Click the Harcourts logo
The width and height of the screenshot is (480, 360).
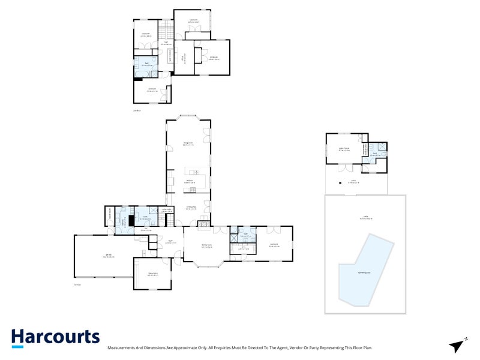point(55,338)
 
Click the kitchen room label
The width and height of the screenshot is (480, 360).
point(188,181)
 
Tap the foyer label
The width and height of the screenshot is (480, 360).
point(170,242)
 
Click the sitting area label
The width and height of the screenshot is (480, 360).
point(190,208)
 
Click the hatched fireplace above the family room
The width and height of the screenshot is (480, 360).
point(204,226)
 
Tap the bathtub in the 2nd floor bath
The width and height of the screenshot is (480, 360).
point(142,74)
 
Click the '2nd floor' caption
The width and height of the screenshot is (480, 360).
point(138,110)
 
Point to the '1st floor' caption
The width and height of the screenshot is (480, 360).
point(77,284)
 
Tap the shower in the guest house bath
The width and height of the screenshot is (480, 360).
point(382,146)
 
